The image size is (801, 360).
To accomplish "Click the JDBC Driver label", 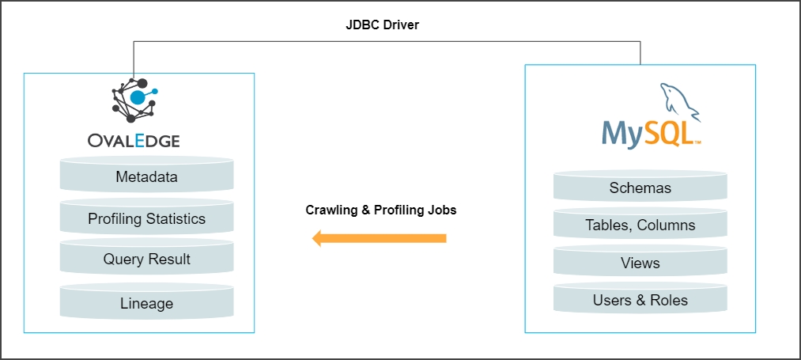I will (382, 25).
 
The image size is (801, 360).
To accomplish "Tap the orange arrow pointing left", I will (379, 238).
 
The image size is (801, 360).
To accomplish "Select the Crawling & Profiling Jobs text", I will (380, 210).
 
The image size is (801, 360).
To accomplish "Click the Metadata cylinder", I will (146, 177).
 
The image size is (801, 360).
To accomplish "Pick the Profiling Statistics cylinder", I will (146, 219).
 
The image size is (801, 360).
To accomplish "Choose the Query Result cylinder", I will (146, 260).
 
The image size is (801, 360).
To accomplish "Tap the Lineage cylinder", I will (146, 303).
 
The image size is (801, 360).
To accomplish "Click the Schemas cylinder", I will (640, 188).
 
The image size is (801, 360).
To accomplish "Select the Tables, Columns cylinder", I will (640, 225).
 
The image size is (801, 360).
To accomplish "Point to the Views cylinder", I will (640, 263).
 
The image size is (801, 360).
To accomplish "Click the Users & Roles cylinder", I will (640, 301).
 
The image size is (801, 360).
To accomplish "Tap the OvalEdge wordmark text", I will (134, 141).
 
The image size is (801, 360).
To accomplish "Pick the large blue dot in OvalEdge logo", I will (138, 97).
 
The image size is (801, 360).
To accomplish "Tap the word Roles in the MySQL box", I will (668, 301).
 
